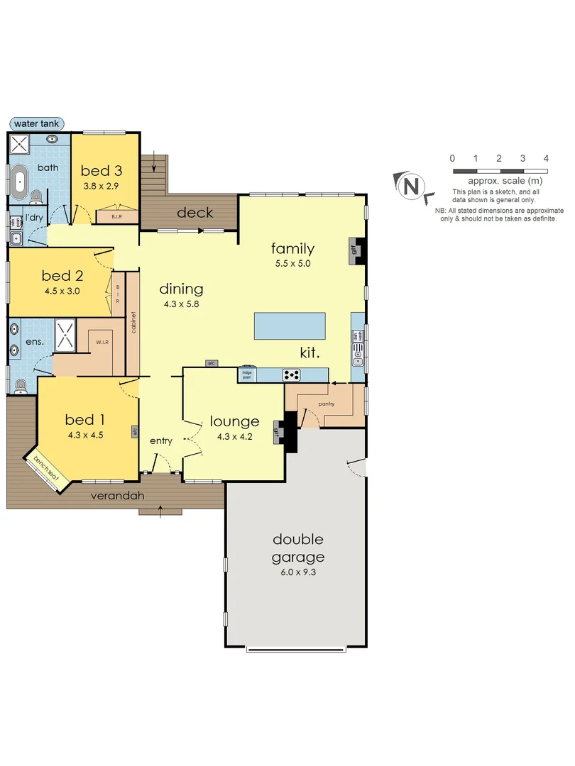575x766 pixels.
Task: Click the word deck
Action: pos(195,213)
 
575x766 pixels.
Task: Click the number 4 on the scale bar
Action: pos(546,159)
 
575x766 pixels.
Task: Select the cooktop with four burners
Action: pos(292,374)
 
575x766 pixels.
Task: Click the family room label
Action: pos(292,249)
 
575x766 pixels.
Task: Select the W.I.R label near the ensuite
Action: pos(102,342)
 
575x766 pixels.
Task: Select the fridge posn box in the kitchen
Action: pos(246,374)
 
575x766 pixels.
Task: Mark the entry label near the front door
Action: pos(161,441)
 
